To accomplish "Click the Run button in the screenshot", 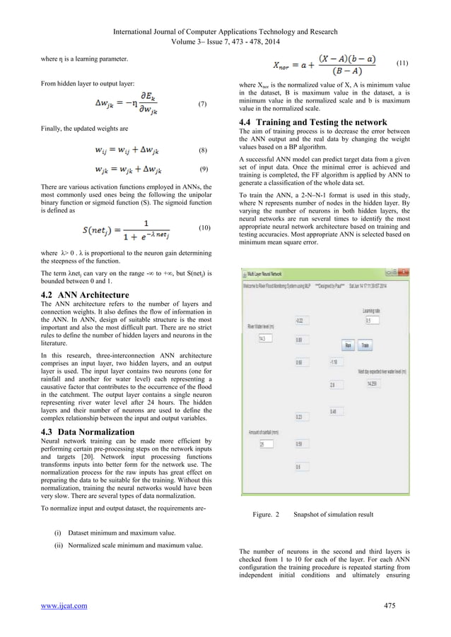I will pyautogui.click(x=347, y=345).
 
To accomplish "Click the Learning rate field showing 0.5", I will pyautogui.click(x=372, y=320).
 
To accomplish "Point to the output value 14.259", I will pyautogui.click(x=373, y=383).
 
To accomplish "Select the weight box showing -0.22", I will pyautogui.click(x=302, y=320).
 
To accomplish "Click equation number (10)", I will pyautogui.click(x=204, y=229).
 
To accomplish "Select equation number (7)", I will pyautogui.click(x=202, y=104).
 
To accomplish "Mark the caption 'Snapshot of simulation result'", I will pyautogui.click(x=333, y=515).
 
